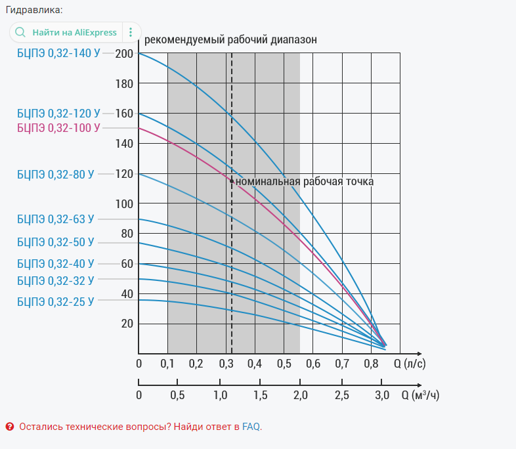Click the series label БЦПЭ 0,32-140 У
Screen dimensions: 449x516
[58, 53]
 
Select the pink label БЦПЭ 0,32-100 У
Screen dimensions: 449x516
[58, 128]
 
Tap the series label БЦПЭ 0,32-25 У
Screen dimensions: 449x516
[56, 302]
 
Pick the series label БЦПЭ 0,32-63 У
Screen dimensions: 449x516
[56, 219]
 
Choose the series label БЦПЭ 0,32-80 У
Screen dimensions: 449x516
[56, 174]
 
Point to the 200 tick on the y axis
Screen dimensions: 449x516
[123, 53]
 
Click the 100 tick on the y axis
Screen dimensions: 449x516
[123, 203]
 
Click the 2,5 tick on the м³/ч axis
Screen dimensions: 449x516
[341, 395]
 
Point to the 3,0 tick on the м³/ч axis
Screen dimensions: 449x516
[382, 395]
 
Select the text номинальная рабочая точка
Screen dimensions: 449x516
[305, 181]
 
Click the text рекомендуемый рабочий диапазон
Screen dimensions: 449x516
[230, 39]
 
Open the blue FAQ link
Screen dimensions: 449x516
[251, 427]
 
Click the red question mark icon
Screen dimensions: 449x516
[10, 427]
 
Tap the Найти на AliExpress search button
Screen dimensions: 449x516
[66, 32]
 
